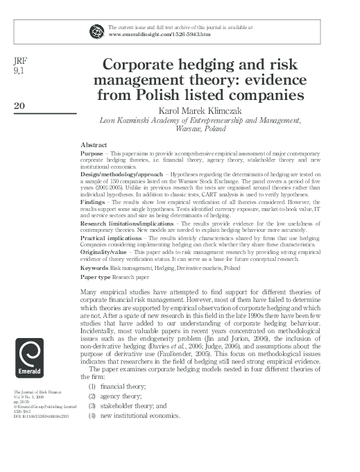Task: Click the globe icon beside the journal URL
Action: pyautogui.click(x=96, y=30)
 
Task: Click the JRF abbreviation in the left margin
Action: pyautogui.click(x=20, y=60)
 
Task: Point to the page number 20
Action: pyautogui.click(x=19, y=106)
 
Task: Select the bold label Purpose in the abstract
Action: pyautogui.click(x=92, y=152)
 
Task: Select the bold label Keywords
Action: pyautogui.click(x=94, y=268)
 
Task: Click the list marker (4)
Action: pyautogui.click(x=91, y=416)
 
